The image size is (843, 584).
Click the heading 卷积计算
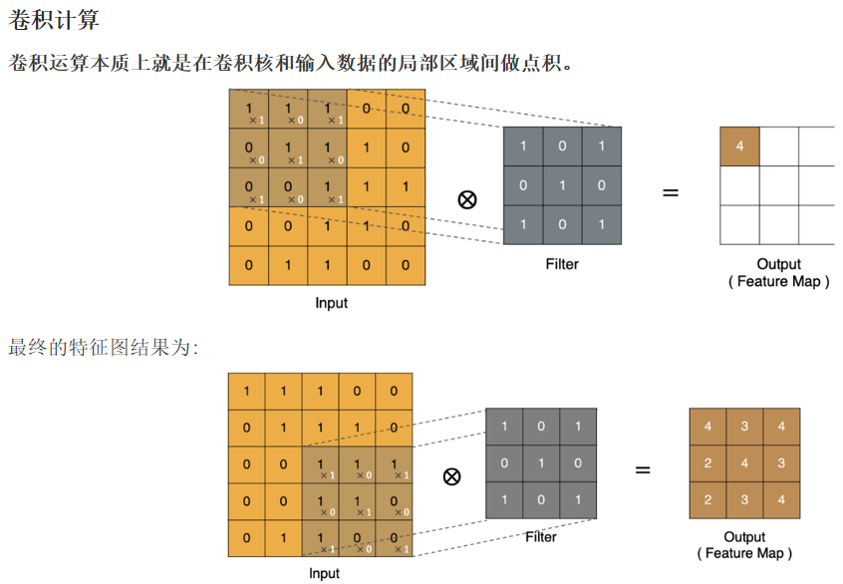[54, 20]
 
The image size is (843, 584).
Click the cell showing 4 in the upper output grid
[739, 146]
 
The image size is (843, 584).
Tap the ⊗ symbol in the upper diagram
[466, 199]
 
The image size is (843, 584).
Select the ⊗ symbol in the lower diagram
[451, 475]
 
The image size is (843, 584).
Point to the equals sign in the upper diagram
[671, 192]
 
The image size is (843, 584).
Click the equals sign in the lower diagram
[643, 468]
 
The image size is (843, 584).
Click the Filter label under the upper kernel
[562, 264]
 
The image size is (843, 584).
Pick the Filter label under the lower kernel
[541, 537]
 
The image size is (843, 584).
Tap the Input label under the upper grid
[332, 302]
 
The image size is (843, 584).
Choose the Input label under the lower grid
[324, 573]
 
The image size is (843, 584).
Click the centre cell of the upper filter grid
[562, 185]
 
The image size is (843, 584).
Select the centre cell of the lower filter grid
[541, 463]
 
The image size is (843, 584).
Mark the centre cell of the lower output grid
[745, 463]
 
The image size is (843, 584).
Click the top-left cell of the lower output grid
[707, 427]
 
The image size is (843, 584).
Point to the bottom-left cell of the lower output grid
[707, 500]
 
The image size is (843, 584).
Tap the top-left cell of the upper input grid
[248, 109]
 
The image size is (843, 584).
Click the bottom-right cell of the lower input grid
[394, 538]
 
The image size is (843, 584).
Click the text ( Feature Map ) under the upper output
[778, 282]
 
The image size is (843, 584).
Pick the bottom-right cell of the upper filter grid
[601, 224]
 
